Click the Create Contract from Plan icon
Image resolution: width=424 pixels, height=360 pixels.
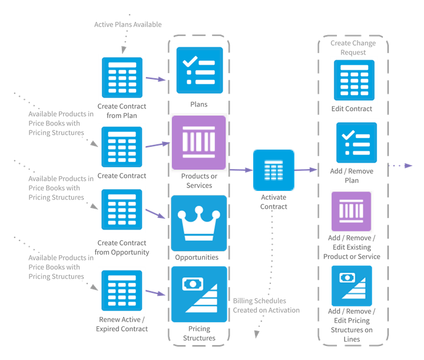coord(122,78)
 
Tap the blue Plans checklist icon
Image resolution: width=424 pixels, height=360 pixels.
coord(200,70)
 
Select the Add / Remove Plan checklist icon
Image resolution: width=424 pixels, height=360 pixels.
coord(356,143)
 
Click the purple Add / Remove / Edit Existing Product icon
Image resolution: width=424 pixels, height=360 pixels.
coord(351,211)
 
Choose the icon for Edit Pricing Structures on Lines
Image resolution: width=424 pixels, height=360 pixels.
coord(352,286)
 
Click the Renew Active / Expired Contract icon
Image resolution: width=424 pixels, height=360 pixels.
coord(122,290)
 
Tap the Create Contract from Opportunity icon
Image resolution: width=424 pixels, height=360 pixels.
coord(122,209)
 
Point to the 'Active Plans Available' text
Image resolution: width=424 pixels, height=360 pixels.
coord(128,24)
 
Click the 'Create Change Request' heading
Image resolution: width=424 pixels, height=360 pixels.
coord(352,48)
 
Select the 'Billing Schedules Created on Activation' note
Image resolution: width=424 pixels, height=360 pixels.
coord(266,305)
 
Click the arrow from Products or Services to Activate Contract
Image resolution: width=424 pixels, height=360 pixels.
coord(240,170)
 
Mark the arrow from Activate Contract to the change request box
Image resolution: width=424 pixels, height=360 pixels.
coord(305,170)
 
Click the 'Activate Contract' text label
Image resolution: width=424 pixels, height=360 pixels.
coord(274,202)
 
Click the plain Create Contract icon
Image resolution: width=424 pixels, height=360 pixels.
coord(122,147)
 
